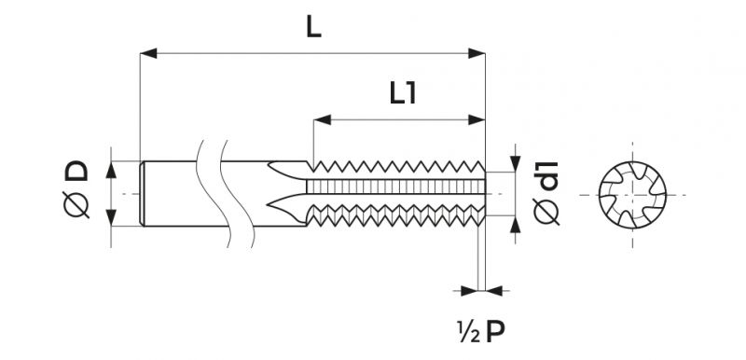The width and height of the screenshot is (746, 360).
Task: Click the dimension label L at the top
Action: click(x=313, y=29)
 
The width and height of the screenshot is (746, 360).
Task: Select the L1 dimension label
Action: click(x=403, y=93)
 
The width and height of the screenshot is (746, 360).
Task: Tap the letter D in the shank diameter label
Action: click(x=76, y=171)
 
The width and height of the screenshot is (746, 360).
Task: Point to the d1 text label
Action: click(x=546, y=176)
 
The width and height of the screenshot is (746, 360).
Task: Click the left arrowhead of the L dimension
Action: click(x=148, y=53)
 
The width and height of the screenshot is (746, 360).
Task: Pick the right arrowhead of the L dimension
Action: click(x=477, y=53)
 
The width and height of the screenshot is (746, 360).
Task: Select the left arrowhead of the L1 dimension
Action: click(x=322, y=119)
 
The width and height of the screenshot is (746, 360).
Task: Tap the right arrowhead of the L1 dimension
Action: click(x=477, y=119)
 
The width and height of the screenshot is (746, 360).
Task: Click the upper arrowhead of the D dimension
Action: click(x=111, y=170)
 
